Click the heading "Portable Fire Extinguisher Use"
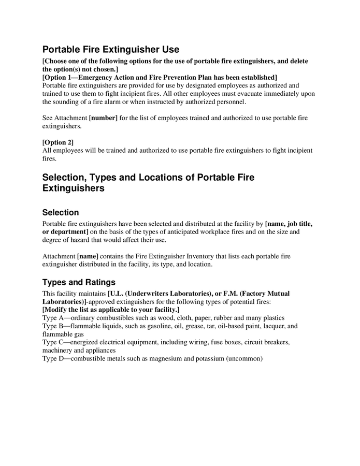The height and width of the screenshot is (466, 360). (x=110, y=50)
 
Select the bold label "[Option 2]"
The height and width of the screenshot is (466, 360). (x=57, y=142)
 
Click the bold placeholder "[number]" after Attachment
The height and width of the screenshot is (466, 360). (x=103, y=118)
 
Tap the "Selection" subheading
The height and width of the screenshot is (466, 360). (x=60, y=212)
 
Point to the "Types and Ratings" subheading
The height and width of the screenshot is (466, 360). (x=78, y=282)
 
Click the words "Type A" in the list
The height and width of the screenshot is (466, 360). (x=53, y=317)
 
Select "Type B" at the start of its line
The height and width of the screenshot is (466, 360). (x=53, y=326)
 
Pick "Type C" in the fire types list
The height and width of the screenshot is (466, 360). (x=53, y=342)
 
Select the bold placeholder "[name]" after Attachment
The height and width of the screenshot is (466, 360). (x=88, y=256)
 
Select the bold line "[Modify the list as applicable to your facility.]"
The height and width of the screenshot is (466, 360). (x=110, y=309)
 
